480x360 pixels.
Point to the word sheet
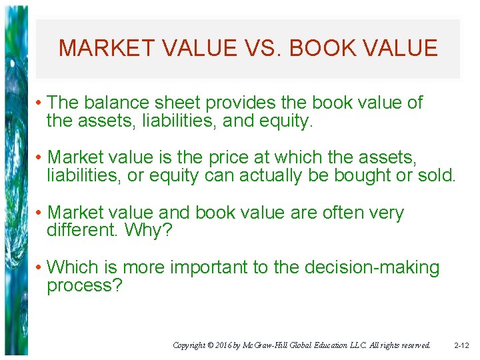178,103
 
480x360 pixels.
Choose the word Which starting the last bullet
73,268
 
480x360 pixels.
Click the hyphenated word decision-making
372,268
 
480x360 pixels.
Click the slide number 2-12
461,345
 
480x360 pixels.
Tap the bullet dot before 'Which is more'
39,268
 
